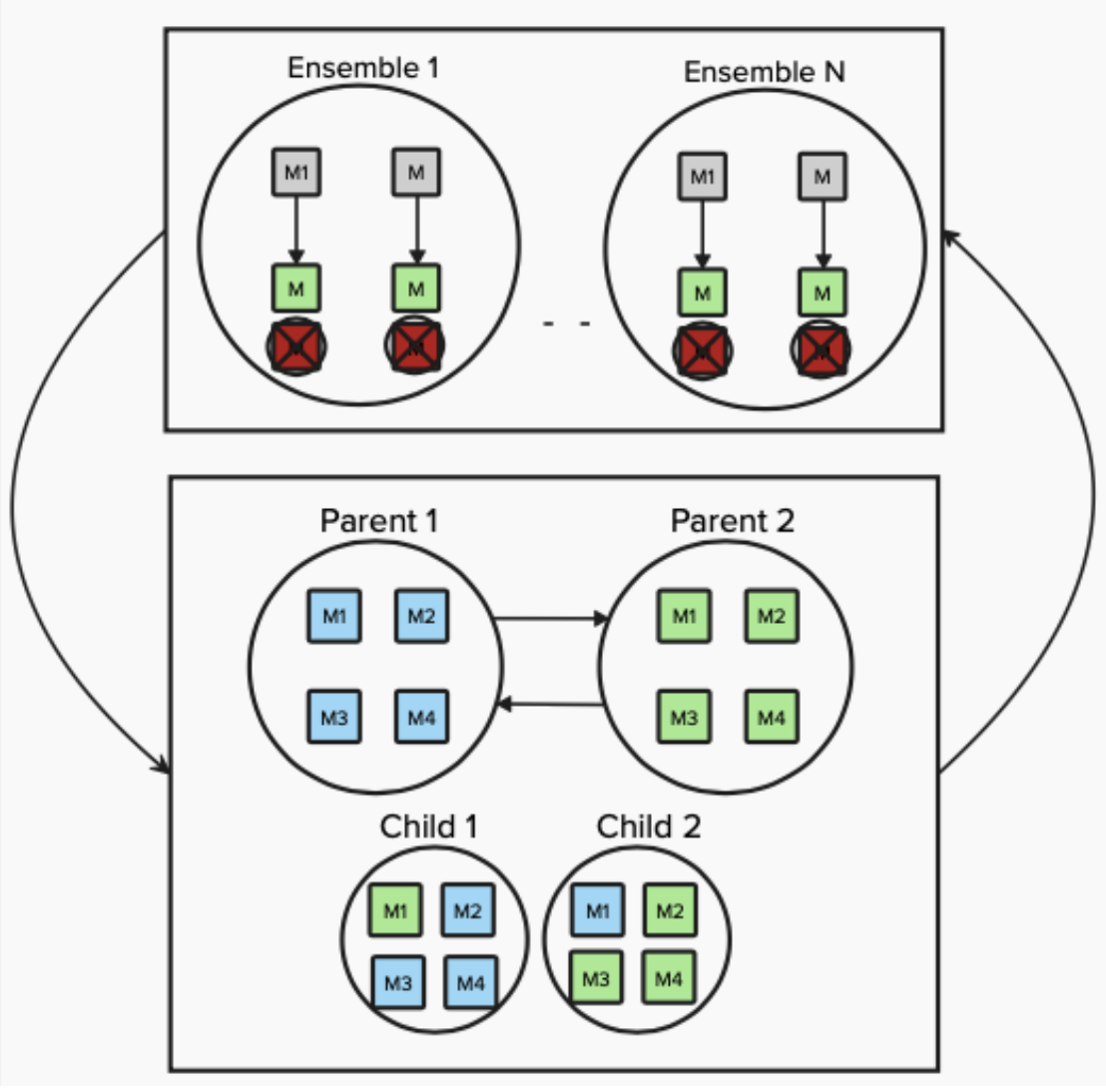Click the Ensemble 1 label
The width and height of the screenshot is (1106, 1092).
(x=362, y=68)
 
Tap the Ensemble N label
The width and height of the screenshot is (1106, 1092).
(x=764, y=72)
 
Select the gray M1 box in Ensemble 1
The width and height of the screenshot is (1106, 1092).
(x=296, y=173)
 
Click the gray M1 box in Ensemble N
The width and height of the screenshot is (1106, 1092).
(x=703, y=177)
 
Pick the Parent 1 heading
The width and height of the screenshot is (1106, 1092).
(x=378, y=521)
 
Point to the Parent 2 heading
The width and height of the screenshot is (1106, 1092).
(x=732, y=521)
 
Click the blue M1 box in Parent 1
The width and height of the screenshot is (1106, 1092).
(x=334, y=616)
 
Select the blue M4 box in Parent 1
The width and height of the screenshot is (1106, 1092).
(x=421, y=717)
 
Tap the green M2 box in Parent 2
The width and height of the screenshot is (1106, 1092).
(x=771, y=616)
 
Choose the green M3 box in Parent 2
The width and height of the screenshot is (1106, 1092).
(x=684, y=717)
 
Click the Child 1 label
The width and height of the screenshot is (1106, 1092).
(x=428, y=826)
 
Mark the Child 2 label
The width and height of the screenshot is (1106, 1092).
(x=648, y=826)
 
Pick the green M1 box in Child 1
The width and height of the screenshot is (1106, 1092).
(x=395, y=910)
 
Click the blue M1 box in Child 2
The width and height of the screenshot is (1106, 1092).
(x=597, y=910)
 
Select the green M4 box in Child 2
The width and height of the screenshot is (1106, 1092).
(x=669, y=978)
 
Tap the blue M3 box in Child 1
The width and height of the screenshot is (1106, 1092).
(x=397, y=982)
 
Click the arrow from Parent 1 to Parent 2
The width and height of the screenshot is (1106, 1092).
(x=550, y=619)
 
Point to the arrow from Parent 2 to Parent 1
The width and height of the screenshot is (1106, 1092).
(x=550, y=705)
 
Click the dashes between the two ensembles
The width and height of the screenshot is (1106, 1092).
(x=566, y=323)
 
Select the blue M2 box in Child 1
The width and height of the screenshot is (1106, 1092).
(x=467, y=910)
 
